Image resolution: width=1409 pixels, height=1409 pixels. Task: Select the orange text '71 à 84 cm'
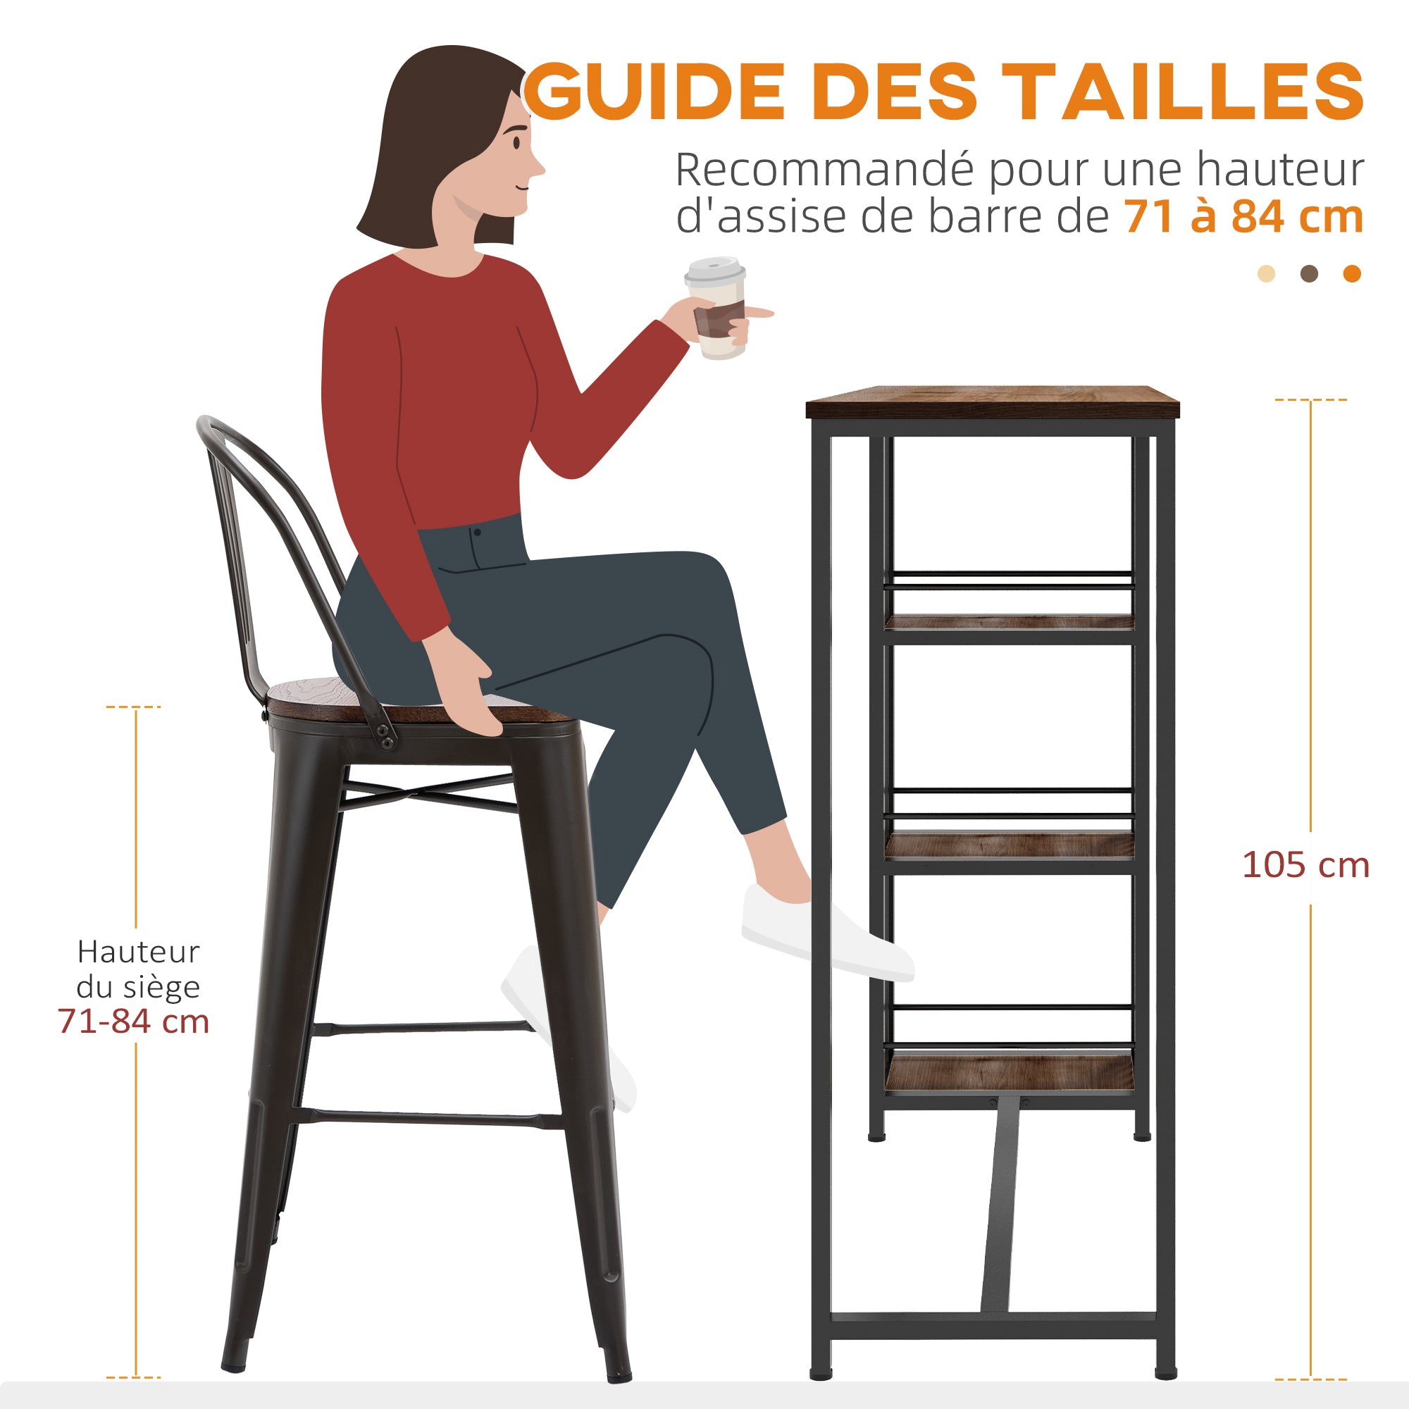(1243, 216)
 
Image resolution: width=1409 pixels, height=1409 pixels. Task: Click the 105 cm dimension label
(1305, 866)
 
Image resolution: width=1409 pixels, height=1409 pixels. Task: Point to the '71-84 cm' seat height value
(133, 1022)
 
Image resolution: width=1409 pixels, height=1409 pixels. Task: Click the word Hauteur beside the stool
(139, 952)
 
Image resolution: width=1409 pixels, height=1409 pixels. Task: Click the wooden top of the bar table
(992, 402)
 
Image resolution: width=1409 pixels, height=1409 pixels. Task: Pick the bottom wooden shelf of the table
(1010, 1075)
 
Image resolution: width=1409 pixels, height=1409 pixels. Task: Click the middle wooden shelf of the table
(1010, 845)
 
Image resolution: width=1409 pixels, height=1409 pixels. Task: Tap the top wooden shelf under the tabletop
(1010, 622)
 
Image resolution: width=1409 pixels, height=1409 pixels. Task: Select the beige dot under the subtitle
(1267, 274)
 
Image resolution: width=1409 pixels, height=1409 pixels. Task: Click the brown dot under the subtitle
(1310, 274)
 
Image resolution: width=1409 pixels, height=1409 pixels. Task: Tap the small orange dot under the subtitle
(1352, 274)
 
